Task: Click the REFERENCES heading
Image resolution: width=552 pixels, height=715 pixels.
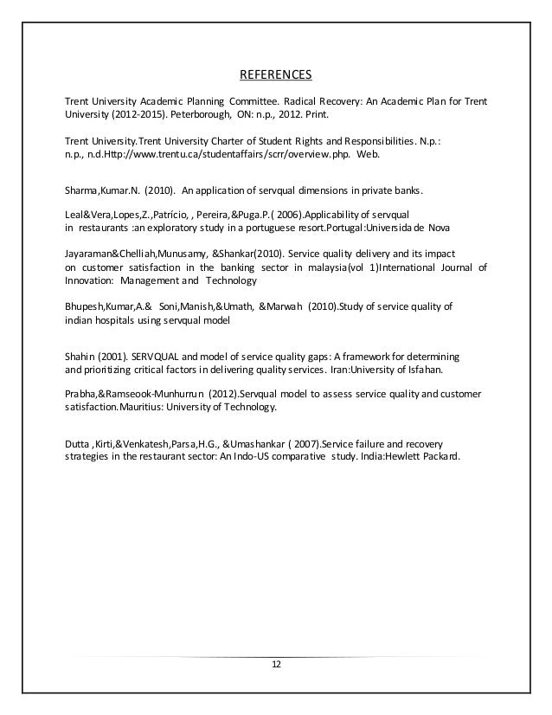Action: pyautogui.click(x=275, y=73)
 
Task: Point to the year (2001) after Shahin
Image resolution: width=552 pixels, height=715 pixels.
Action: pyautogui.click(x=110, y=357)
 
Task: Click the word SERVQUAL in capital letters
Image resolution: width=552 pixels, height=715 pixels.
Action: pyautogui.click(x=159, y=357)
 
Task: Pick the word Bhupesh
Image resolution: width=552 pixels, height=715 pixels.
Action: pyautogui.click(x=87, y=306)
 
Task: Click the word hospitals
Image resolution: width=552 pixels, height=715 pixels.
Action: pyautogui.click(x=118, y=319)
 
